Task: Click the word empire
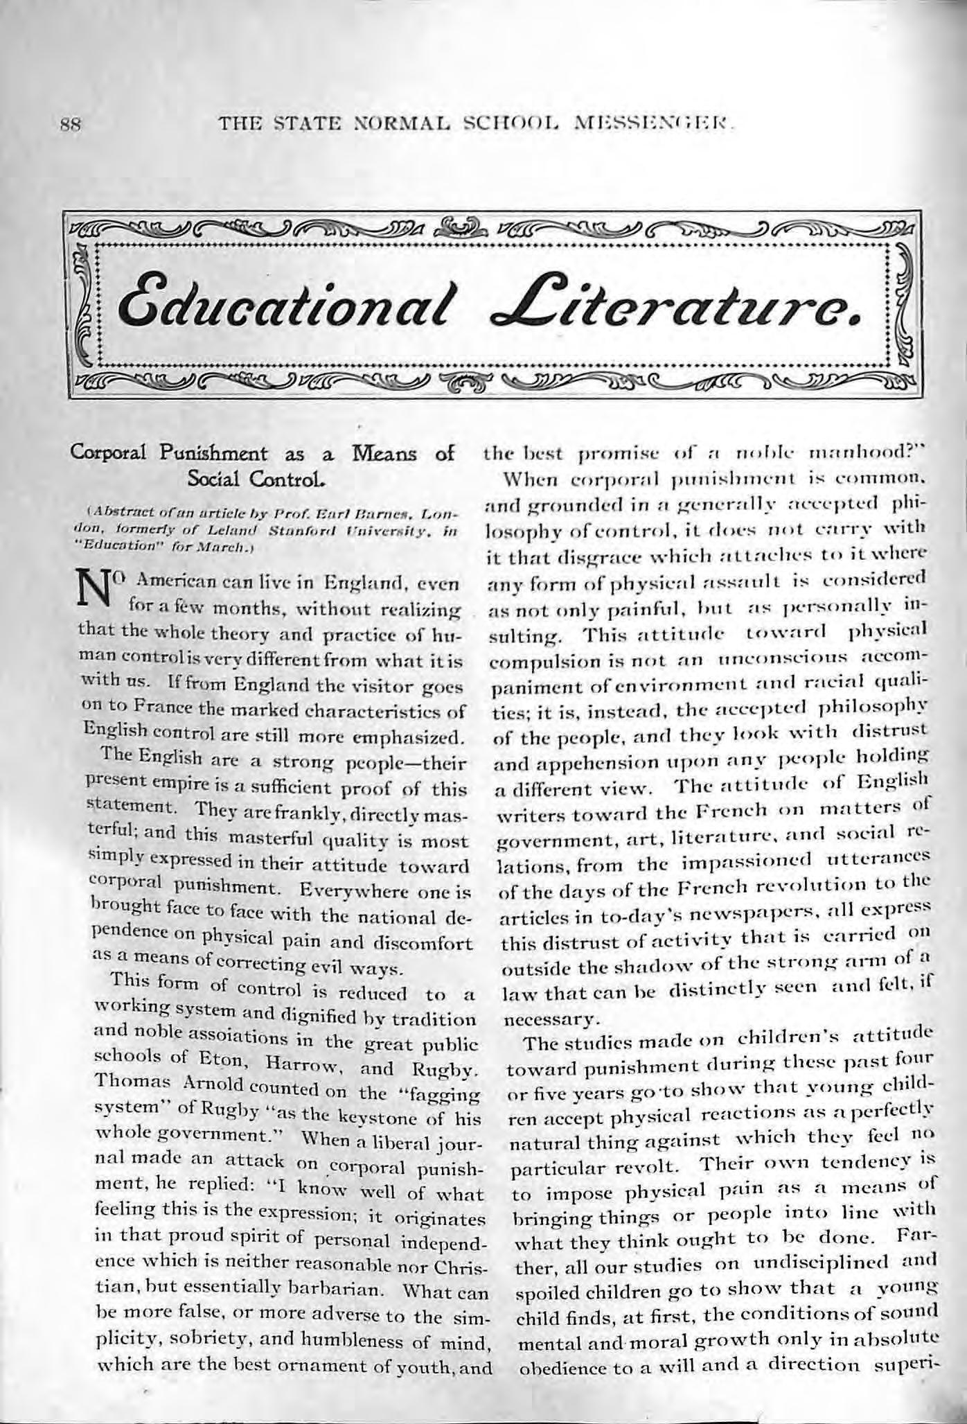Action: click(157, 786)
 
